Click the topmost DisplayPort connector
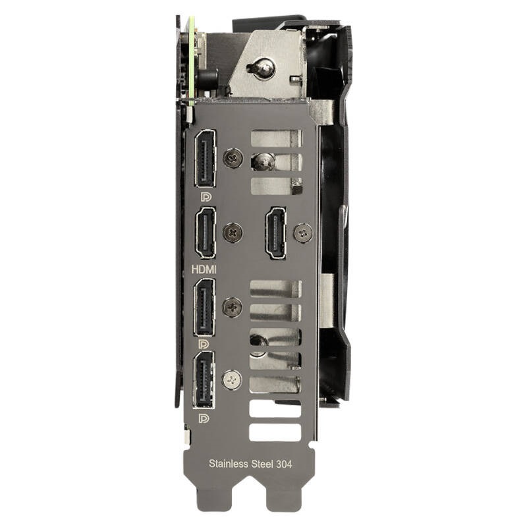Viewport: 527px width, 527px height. [205, 158]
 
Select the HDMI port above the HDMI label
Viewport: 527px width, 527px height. [206, 233]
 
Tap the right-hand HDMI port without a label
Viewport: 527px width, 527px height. [276, 233]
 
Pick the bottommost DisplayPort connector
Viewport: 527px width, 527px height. [204, 380]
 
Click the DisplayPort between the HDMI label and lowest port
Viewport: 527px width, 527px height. [204, 307]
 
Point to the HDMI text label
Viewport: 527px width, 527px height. [204, 269]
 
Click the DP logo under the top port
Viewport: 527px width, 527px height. [206, 197]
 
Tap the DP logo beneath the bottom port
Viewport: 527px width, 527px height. [204, 418]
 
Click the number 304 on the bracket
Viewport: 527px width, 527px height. [284, 464]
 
